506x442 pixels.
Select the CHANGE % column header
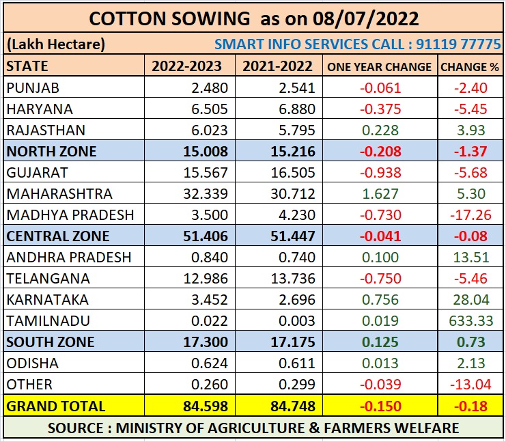469,66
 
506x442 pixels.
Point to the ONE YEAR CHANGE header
379,66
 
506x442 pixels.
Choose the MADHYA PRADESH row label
70,215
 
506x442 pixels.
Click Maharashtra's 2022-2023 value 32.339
203,194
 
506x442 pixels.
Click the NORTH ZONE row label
51,151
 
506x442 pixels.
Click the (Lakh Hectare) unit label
56,45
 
